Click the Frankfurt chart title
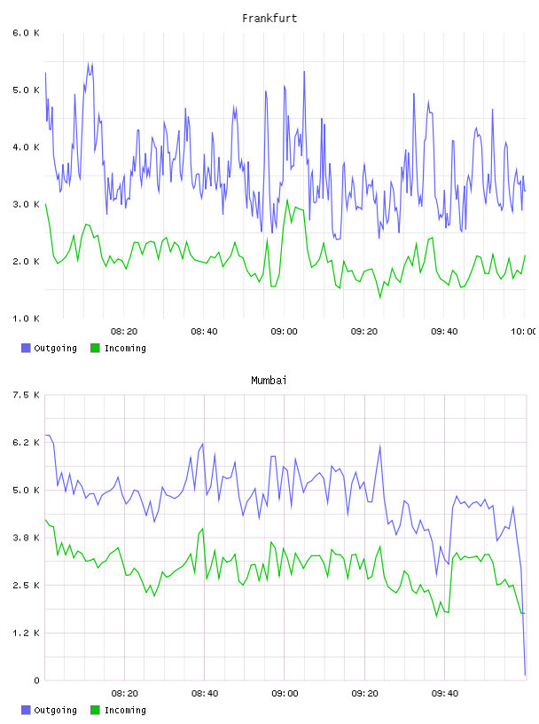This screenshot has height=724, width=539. pos(269,19)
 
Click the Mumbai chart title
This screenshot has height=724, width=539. pos(269,381)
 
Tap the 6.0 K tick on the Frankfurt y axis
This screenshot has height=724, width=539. pos(27,33)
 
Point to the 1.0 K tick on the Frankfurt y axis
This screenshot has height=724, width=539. pos(27,319)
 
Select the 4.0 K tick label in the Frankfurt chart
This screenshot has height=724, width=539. pos(27,147)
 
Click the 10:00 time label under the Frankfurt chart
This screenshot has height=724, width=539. pos(524,332)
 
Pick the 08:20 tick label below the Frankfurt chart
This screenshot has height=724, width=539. pos(124,332)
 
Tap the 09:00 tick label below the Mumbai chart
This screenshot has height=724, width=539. pos(285,694)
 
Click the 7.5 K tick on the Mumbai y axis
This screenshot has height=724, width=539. pos(27,395)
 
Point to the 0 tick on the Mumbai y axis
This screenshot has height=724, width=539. pos(36,681)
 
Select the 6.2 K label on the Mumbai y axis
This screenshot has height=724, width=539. pos(27,443)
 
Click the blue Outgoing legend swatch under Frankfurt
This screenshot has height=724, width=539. pos(26,348)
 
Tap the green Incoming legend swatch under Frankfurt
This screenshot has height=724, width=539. pos(95,348)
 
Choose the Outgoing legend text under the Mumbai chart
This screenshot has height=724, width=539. pos(55,710)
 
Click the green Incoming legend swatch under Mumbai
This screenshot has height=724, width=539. pos(95,710)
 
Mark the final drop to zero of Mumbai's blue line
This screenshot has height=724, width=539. pos(525,675)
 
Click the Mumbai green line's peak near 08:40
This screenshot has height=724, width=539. pos(203,529)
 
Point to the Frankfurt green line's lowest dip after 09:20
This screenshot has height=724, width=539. pos(380,297)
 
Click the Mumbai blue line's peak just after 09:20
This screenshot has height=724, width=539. pos(379,446)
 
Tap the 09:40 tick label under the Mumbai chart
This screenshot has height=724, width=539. pos(445,694)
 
